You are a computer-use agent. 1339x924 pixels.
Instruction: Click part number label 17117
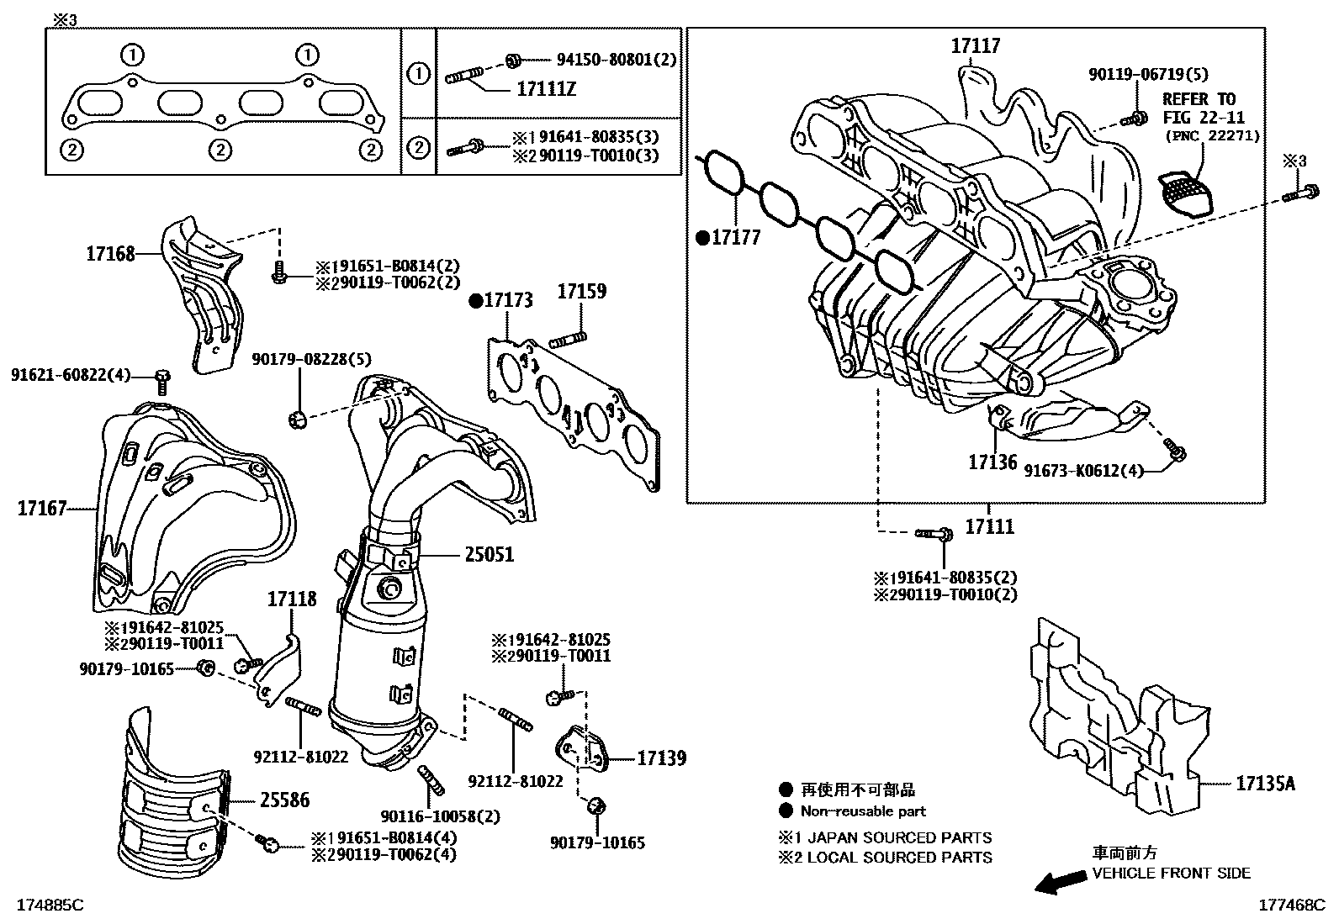976,45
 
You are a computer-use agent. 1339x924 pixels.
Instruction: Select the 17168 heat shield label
110,253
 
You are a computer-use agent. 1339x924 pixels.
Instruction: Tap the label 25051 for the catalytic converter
489,555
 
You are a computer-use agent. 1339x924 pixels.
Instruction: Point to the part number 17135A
1265,784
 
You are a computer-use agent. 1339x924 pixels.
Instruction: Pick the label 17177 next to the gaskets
735,238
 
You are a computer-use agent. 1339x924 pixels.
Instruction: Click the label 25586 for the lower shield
284,800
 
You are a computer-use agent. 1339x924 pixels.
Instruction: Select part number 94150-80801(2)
617,60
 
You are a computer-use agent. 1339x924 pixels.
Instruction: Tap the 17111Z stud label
546,89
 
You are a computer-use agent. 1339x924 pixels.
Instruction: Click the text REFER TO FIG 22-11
1204,109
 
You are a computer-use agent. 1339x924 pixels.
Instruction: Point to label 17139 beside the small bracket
661,758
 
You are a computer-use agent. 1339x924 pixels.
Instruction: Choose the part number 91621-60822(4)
71,374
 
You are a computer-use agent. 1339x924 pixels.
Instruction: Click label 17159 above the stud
582,292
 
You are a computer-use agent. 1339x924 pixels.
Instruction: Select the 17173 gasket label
507,300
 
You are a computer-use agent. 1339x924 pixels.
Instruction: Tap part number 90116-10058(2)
439,816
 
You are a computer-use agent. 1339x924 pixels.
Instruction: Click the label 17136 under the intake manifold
992,462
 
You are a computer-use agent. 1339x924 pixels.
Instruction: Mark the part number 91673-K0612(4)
1084,471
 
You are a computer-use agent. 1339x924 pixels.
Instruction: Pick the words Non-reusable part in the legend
863,811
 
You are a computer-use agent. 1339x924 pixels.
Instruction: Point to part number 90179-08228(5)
311,359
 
